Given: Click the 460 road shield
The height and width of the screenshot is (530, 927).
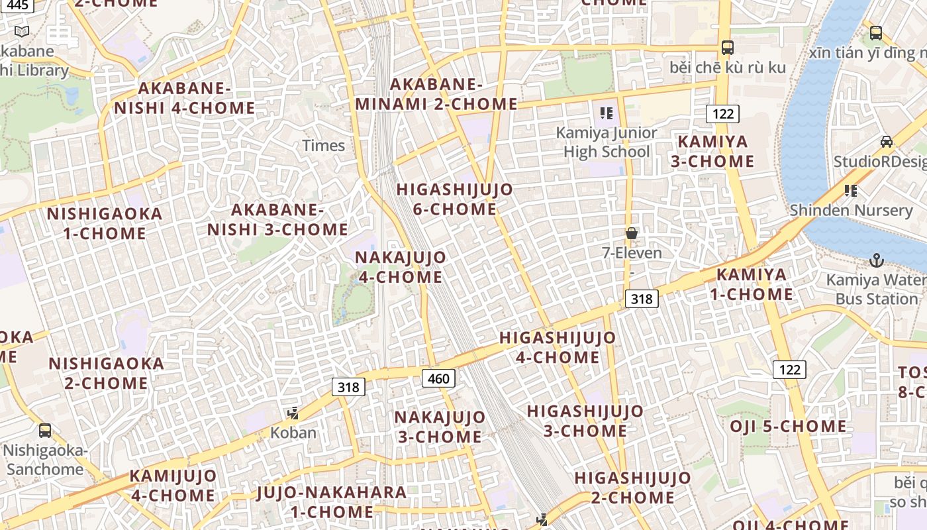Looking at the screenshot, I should [x=438, y=378].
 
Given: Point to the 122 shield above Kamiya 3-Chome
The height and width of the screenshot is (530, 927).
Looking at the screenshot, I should [x=722, y=113].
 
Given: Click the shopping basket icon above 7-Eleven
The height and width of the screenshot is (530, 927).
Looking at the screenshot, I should [x=632, y=233].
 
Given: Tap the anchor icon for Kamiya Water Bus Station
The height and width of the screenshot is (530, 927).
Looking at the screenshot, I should [x=877, y=260].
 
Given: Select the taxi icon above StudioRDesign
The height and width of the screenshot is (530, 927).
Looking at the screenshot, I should [x=886, y=142].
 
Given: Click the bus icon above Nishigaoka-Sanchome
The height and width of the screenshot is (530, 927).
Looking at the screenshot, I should [x=45, y=430].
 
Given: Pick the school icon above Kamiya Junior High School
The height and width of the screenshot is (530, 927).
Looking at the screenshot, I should [x=606, y=113].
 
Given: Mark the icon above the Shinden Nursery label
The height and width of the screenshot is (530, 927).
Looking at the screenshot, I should [x=851, y=191].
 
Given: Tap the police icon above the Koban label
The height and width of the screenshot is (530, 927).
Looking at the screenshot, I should [x=293, y=414].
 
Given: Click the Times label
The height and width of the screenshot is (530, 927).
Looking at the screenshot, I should [x=324, y=146].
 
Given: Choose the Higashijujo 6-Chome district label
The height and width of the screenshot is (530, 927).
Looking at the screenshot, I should [x=454, y=199].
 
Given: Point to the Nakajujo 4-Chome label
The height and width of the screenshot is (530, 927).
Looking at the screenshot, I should [x=401, y=267].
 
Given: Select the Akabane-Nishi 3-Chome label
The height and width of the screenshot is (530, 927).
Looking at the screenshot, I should [x=277, y=220].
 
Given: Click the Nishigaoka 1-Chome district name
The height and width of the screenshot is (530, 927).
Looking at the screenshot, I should [x=105, y=223].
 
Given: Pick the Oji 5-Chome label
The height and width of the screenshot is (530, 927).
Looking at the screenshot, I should [x=788, y=426].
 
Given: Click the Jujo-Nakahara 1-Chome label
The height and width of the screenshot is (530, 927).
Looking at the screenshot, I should [x=331, y=502].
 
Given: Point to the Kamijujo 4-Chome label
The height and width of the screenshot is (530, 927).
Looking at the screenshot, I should [x=173, y=486].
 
